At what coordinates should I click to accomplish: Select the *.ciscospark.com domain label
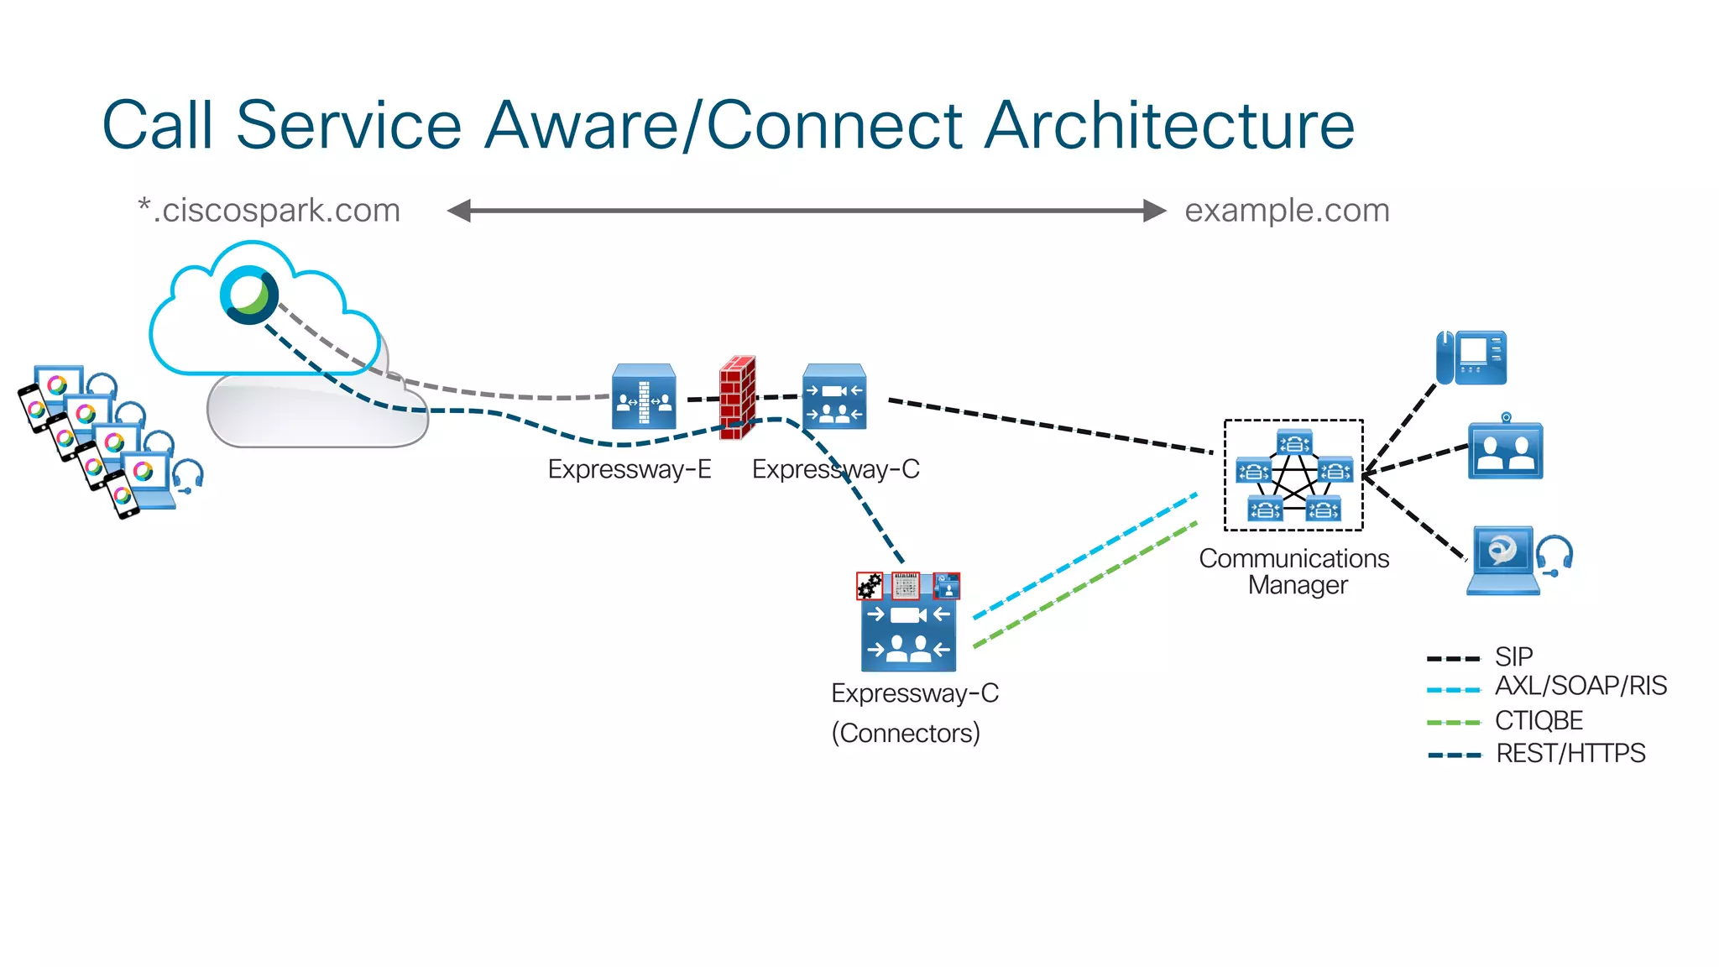269,210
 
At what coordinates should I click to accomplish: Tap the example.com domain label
1287,210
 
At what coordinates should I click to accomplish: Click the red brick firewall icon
737,398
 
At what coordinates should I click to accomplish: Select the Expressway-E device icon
644,397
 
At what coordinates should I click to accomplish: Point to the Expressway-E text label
629,469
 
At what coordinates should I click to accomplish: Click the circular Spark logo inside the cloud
248,295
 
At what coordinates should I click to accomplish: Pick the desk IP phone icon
1471,358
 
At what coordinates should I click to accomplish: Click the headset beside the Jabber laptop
1554,556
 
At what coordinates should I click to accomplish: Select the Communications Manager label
1294,571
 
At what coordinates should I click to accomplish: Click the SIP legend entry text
1513,656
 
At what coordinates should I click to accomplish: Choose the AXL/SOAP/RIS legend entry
1580,686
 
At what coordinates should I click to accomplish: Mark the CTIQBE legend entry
1539,720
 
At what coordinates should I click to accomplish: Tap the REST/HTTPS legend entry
1570,753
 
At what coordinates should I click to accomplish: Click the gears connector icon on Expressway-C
870,586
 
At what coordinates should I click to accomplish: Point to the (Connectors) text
906,733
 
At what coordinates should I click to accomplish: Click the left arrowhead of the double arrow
458,211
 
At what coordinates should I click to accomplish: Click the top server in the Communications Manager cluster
1293,442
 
